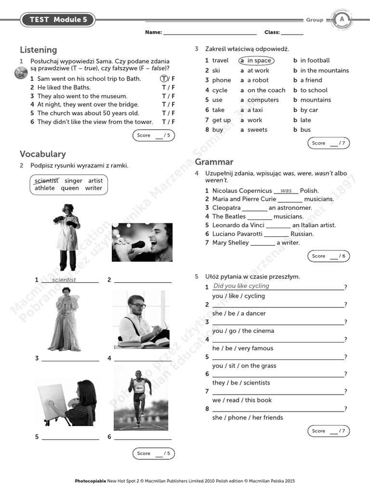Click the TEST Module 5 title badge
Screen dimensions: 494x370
click(57, 20)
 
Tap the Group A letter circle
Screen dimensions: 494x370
click(342, 20)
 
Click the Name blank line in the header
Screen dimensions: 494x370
click(210, 33)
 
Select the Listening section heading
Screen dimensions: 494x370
click(38, 50)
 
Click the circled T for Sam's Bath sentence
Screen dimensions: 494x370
click(164, 79)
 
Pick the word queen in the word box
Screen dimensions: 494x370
click(70, 188)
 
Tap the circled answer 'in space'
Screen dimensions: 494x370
click(256, 61)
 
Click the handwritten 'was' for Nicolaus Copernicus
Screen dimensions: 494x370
click(286, 191)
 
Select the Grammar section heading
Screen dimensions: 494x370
click(214, 162)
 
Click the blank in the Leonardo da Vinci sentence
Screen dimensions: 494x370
click(278, 225)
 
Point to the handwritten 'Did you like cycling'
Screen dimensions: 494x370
click(241, 286)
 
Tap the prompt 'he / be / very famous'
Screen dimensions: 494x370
click(242, 348)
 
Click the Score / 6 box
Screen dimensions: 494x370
click(329, 256)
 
